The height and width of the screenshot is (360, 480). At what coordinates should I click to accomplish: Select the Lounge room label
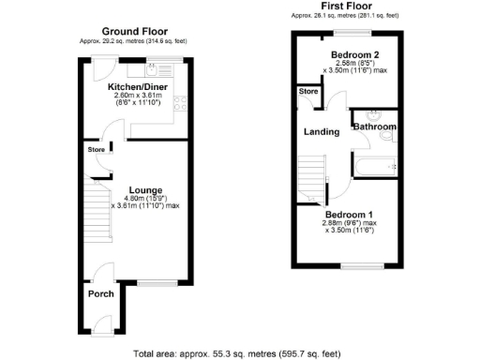coord(132,187)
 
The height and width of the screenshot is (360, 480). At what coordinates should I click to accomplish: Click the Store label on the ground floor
coord(96,149)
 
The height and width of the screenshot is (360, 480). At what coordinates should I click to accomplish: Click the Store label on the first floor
coord(307,92)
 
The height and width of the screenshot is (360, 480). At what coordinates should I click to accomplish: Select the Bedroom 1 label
coord(349,215)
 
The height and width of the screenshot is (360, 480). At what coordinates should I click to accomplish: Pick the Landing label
coord(322,131)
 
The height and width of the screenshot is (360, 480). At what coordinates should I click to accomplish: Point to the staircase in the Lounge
coord(97,207)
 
